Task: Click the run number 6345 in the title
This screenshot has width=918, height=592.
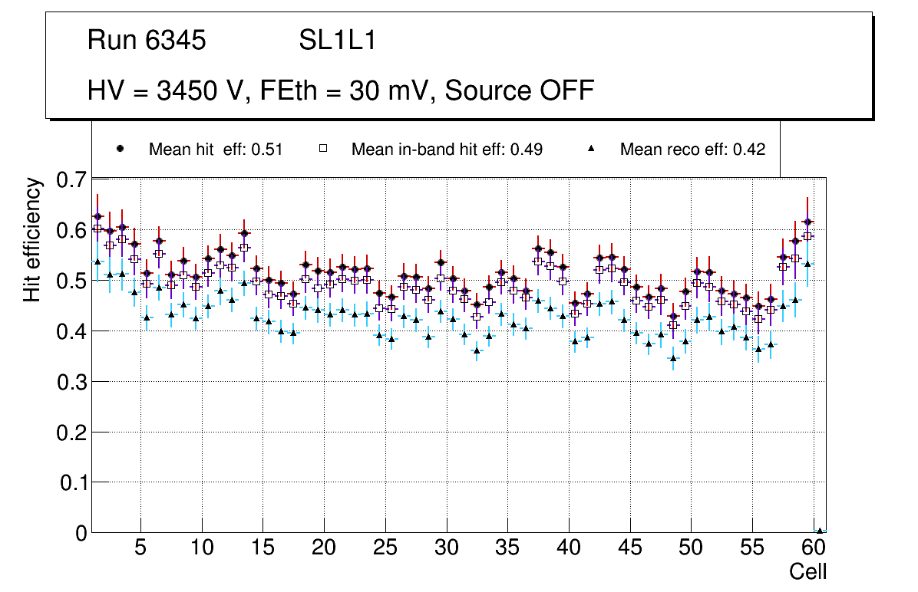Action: click(176, 41)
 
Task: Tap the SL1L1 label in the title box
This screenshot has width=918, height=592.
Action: click(337, 41)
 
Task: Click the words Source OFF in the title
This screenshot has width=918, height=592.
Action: click(520, 90)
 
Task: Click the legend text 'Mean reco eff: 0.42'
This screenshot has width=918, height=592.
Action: click(692, 150)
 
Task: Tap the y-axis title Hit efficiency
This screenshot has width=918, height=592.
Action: click(32, 239)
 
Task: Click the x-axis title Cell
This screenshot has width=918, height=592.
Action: click(807, 571)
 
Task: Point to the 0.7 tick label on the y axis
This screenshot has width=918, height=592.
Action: click(73, 181)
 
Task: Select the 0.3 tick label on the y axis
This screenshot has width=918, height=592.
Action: click(73, 382)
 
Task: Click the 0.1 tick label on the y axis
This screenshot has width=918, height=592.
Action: click(73, 482)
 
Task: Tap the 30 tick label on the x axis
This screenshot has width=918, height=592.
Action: click(446, 548)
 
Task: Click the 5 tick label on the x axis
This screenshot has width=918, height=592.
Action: click(140, 548)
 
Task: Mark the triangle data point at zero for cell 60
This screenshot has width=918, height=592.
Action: click(819, 531)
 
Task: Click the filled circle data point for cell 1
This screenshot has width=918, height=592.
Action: click(97, 217)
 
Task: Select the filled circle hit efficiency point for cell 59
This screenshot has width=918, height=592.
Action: click(807, 222)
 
